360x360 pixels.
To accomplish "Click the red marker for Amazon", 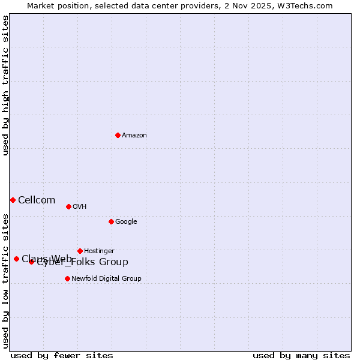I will tap(118, 135).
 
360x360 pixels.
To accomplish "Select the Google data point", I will tap(111, 221).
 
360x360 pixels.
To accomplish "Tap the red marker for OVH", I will tap(68, 206).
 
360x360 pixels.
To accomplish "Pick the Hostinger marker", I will tap(80, 251).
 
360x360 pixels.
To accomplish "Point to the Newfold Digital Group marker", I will tap(67, 278).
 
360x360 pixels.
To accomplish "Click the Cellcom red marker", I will tap(13, 200).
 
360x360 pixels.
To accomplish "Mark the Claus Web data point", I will tap(16, 259).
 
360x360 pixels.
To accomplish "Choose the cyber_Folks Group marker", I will tap(31, 262).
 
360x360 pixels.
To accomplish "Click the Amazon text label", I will tap(134, 136).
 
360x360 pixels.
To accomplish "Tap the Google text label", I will tap(126, 222).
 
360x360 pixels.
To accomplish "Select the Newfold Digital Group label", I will tap(106, 278).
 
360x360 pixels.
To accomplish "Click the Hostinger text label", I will tap(99, 251).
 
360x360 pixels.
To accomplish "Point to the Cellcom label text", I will tap(37, 200).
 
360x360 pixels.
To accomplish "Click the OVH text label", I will tap(80, 207).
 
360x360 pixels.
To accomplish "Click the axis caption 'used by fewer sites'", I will tap(62, 355).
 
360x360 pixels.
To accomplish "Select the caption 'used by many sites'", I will tap(301, 355).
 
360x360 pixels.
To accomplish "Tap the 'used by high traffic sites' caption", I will tap(6, 86).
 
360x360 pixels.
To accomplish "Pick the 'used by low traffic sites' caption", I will tap(6, 281).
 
